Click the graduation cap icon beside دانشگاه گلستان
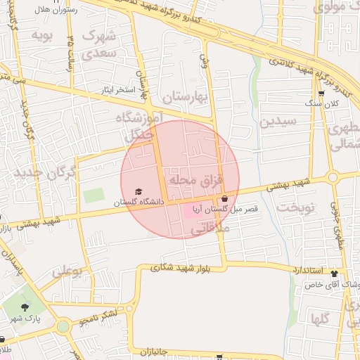(139, 192)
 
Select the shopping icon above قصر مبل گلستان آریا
(224, 199)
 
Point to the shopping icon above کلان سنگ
(321, 94)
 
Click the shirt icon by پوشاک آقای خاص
(334, 275)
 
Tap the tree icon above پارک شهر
(26, 307)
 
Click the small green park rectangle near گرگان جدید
(93, 196)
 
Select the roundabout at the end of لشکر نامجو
(63, 326)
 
